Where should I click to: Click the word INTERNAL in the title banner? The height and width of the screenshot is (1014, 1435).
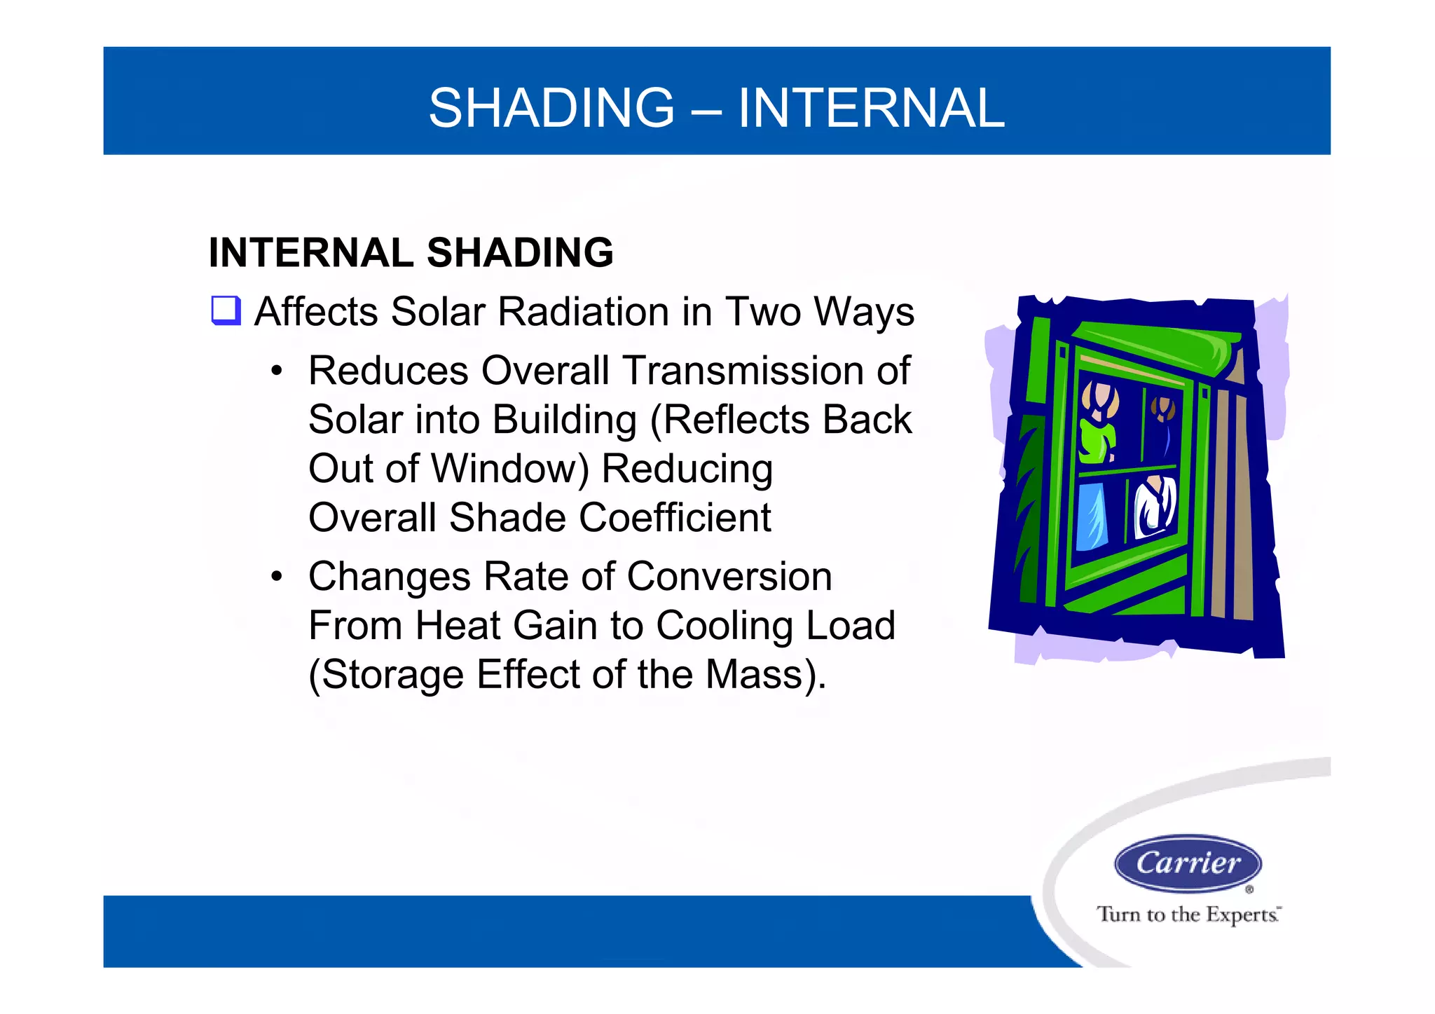tap(871, 108)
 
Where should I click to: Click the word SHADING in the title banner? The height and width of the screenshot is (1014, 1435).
tap(551, 108)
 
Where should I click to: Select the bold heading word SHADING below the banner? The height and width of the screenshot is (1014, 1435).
tap(520, 253)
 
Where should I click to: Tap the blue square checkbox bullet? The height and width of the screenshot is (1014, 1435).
tap(226, 310)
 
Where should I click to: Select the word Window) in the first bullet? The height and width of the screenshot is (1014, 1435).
tap(509, 469)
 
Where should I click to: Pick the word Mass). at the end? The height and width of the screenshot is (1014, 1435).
tap(766, 675)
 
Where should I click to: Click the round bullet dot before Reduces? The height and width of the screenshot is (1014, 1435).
tap(277, 371)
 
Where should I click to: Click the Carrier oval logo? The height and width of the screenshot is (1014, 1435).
tap(1188, 863)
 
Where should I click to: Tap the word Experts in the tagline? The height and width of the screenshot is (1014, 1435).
tap(1242, 914)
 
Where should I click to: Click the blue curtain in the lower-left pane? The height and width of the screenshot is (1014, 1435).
tap(1092, 517)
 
